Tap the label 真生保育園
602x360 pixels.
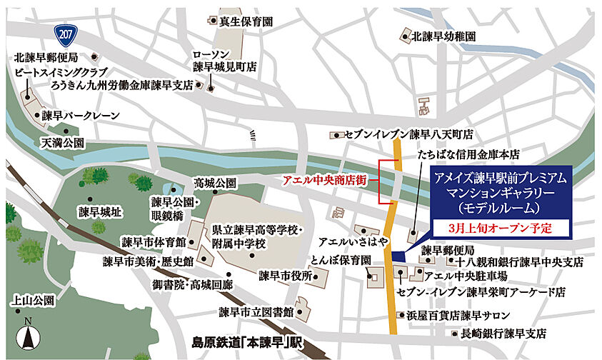[246, 22]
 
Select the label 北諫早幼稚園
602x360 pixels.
[443, 36]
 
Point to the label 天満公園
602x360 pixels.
[62, 143]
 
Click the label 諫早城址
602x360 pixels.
[101, 212]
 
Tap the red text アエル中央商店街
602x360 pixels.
[324, 181]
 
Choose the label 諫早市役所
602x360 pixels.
[286, 275]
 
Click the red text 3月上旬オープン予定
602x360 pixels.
[501, 229]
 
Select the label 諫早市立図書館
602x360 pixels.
[257, 312]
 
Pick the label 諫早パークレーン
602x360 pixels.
[80, 115]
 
